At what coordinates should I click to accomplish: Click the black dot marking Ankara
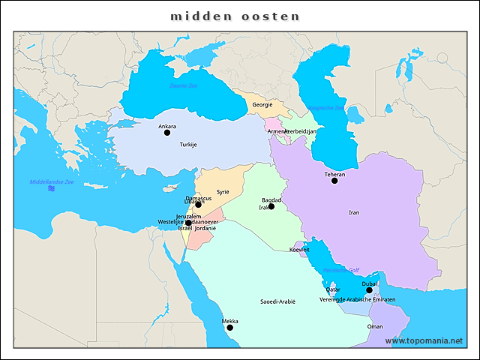coord(167,133)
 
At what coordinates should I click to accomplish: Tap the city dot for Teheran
coord(334,181)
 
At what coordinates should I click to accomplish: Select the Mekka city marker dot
coord(230,328)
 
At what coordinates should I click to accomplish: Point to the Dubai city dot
coord(369,290)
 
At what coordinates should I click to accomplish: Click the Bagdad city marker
coord(271,206)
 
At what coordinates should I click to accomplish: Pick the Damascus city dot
coord(199,204)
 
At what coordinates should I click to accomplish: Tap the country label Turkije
coord(187,144)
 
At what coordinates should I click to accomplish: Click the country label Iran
coord(354,212)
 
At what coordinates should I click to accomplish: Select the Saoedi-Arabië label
coord(277,301)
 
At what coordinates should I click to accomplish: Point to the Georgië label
coord(262,104)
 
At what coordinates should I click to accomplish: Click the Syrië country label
coord(223,192)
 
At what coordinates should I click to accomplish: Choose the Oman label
coord(375,326)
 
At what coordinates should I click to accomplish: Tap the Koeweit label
coord(299,249)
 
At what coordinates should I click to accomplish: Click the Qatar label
coord(333,289)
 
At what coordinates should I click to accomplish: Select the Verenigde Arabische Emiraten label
coord(357,299)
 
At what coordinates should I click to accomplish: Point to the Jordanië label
coord(205,228)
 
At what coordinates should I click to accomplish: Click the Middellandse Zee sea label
coord(52,182)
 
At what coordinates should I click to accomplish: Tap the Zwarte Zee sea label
coord(183,86)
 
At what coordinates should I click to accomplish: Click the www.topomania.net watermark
coord(424,340)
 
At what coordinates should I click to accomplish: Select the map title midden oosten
coord(235,16)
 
